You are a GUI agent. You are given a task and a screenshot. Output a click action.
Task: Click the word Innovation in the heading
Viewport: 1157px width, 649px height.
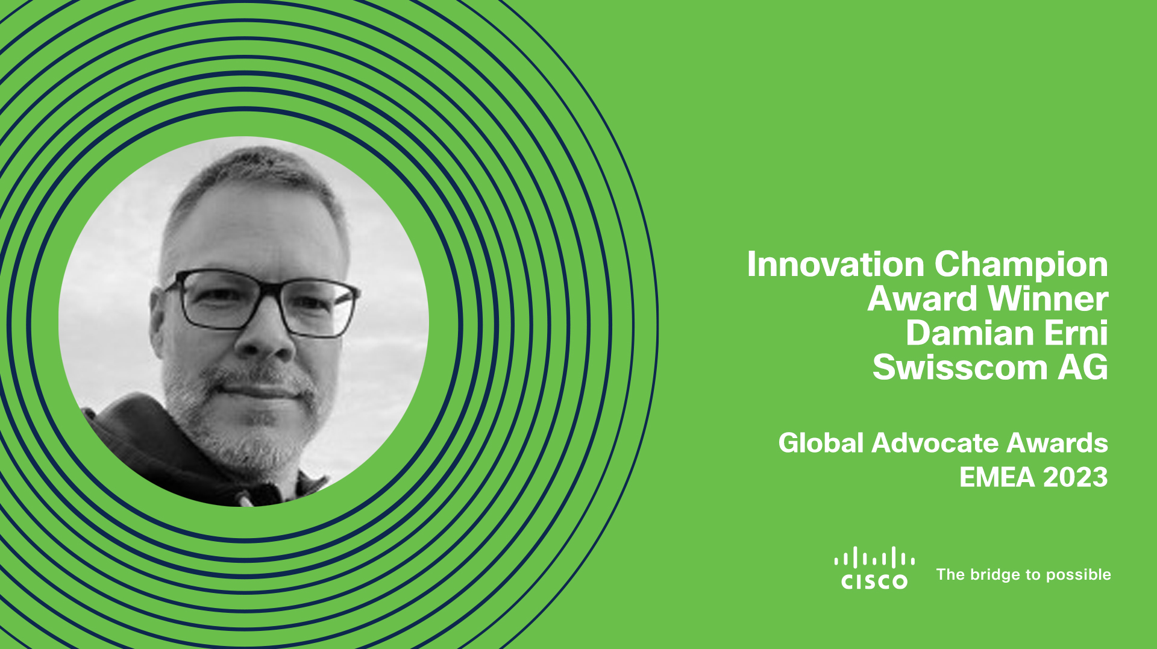click(836, 264)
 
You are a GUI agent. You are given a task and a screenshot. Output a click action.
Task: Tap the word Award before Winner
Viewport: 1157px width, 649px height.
click(923, 298)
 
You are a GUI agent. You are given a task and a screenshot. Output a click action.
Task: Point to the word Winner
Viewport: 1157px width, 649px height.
click(1049, 298)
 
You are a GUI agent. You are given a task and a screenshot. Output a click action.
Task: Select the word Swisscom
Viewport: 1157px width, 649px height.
click(961, 367)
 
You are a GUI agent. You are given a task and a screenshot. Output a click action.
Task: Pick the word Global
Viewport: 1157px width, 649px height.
click(821, 443)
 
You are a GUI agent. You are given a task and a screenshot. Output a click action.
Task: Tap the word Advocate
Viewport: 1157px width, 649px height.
click(935, 443)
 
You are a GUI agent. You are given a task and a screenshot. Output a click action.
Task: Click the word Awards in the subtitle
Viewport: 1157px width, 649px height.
click(1058, 443)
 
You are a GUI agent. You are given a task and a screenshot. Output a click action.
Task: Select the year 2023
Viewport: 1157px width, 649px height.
click(1076, 477)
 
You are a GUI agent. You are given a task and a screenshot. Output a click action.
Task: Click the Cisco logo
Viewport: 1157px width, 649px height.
click(874, 568)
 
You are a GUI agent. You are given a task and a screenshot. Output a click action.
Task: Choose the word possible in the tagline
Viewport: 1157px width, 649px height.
click(1079, 575)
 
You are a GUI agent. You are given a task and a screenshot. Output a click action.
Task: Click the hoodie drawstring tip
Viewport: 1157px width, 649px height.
click(244, 500)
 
